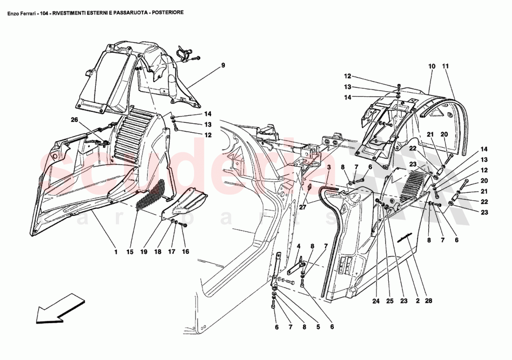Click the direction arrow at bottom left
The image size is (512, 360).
[x=60, y=308]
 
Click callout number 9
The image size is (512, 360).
[x=223, y=65]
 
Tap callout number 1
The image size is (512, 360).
[x=115, y=252]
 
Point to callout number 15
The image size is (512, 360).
[x=129, y=252]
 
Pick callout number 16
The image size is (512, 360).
[x=186, y=252]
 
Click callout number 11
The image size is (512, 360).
[x=445, y=67]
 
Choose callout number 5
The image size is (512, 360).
[x=318, y=327]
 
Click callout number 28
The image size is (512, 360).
[x=428, y=301]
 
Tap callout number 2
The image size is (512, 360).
[x=418, y=301]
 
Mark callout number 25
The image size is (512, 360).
[x=390, y=301]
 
